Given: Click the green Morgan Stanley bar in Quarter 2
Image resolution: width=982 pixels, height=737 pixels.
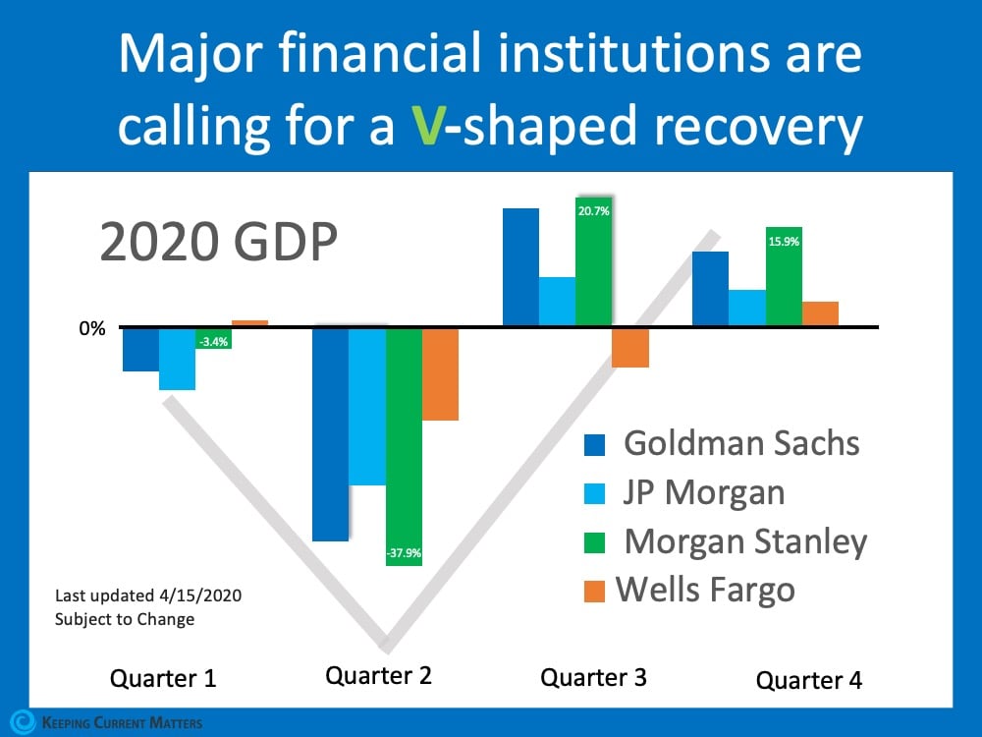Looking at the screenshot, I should click(404, 442).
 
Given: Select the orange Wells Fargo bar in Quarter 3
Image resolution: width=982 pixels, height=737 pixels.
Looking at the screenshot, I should click(630, 348).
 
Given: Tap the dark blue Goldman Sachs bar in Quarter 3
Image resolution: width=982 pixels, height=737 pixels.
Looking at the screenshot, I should click(520, 266).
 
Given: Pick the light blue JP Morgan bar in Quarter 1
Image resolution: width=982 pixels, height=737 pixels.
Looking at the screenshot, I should click(177, 360).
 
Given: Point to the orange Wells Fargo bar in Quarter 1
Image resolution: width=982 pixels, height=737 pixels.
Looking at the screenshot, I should click(249, 323).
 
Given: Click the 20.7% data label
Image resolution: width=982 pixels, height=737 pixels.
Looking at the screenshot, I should click(594, 210).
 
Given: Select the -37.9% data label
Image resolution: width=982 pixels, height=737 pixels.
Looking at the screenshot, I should click(404, 553).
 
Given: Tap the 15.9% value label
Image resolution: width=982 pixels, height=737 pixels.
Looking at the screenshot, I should click(784, 240).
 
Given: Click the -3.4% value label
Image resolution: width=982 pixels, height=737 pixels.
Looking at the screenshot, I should click(213, 342).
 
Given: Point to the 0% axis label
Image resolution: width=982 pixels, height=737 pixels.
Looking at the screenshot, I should click(92, 328).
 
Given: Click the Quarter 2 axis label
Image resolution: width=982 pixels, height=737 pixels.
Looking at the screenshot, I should click(378, 676).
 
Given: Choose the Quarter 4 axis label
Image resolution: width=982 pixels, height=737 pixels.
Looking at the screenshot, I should click(808, 680).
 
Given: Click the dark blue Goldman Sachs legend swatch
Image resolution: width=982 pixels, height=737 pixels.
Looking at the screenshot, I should click(595, 444).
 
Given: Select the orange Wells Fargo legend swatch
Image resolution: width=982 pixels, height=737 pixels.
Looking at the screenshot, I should click(595, 592).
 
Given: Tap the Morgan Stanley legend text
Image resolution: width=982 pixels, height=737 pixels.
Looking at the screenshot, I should click(745, 541).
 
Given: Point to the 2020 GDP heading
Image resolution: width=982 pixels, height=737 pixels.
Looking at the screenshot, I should click(219, 243).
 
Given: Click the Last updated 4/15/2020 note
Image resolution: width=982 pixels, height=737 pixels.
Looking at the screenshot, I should click(148, 595).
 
